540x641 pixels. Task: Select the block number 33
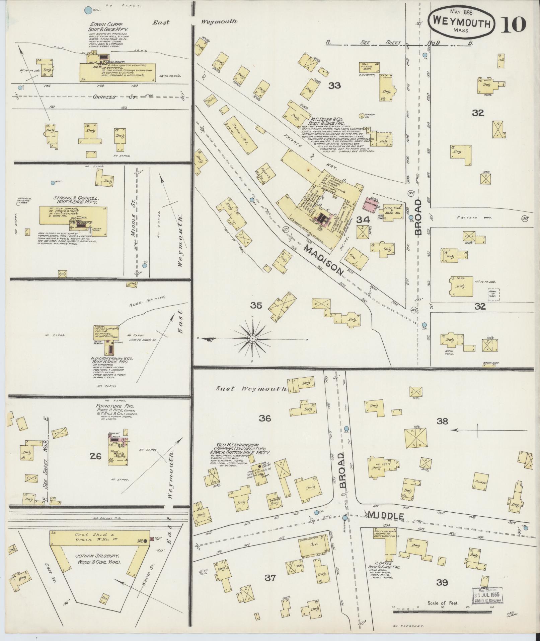click(334, 86)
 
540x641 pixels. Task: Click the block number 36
click(265, 418)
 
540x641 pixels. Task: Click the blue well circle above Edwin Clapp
click(88, 10)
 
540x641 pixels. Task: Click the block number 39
click(442, 583)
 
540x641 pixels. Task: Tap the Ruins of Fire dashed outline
click(493, 294)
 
